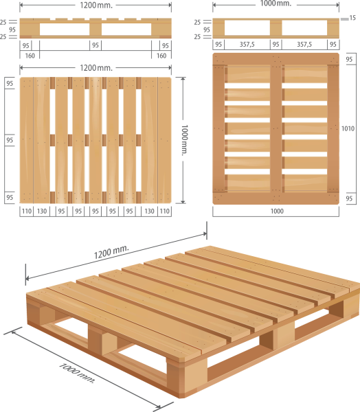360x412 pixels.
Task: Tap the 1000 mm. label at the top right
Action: coord(275,4)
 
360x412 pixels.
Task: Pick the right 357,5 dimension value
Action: coord(304,44)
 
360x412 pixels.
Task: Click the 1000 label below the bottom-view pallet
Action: coord(275,211)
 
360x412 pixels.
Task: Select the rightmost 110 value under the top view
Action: coord(164,211)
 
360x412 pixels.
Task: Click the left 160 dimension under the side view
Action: coord(29,54)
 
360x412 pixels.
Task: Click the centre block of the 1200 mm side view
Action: coord(95,31)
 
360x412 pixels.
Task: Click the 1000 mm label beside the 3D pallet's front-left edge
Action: coord(76,373)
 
